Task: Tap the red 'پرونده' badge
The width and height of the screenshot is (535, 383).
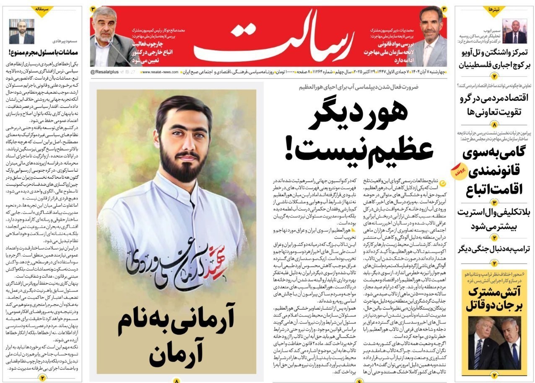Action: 457,173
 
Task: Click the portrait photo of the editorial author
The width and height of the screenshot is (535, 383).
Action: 22,31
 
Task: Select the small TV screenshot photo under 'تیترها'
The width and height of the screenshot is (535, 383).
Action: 515,31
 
